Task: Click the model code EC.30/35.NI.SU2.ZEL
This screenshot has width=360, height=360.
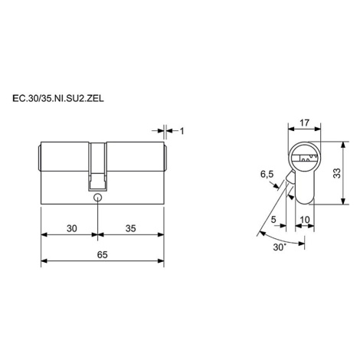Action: tap(58, 99)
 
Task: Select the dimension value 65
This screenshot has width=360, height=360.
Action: tap(103, 254)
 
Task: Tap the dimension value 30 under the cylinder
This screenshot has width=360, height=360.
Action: tap(72, 228)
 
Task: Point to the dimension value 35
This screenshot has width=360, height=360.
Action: tap(131, 228)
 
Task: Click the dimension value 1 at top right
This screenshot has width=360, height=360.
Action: tap(182, 131)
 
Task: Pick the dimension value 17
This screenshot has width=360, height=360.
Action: tap(304, 123)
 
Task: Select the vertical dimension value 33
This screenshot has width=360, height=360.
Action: tap(337, 173)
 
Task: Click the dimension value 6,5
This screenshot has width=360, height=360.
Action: tap(267, 175)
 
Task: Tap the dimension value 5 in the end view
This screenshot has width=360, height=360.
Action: tap(273, 219)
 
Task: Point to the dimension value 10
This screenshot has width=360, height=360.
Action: tap(305, 219)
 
